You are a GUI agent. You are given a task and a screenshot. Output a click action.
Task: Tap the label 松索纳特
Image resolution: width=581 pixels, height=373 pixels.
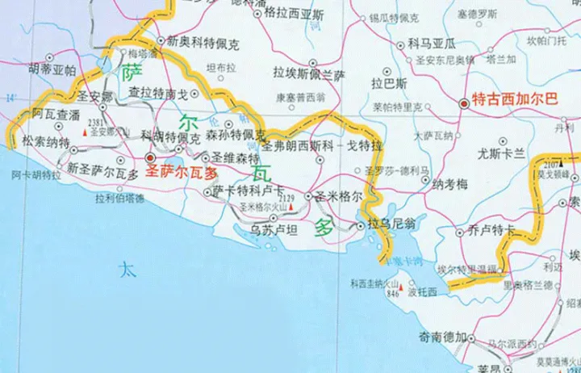(x=46, y=142)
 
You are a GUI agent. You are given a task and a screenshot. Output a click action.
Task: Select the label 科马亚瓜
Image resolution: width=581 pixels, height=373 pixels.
(x=432, y=42)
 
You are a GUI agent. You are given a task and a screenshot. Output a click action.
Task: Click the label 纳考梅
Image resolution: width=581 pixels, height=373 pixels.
(x=450, y=185)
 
